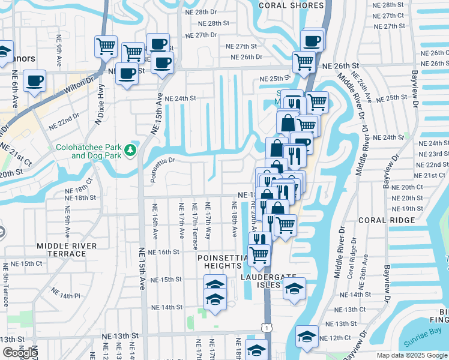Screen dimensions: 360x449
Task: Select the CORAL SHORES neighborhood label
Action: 287,5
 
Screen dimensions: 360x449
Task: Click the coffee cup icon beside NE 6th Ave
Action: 35,80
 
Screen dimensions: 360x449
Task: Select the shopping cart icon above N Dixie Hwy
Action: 106,46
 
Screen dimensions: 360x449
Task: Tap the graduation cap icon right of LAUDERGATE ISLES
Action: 294,289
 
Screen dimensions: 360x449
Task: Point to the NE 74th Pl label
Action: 65,294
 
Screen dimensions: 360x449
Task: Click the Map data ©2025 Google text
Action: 411,355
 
